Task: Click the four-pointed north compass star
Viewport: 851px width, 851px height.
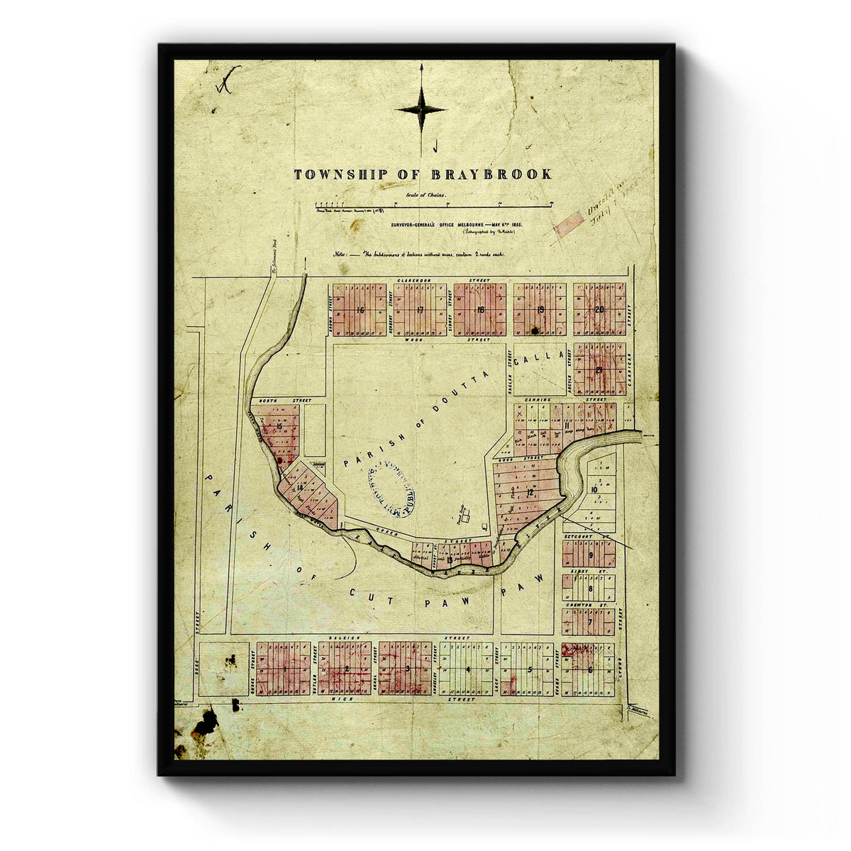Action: [x=421, y=109]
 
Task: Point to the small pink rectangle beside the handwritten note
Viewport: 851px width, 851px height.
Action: [x=568, y=225]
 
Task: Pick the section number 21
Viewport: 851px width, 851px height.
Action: [x=600, y=370]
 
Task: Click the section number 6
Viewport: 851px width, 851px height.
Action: [x=589, y=669]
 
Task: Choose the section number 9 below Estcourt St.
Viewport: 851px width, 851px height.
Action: [x=590, y=555]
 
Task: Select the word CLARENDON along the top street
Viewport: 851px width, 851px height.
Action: [x=414, y=281]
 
